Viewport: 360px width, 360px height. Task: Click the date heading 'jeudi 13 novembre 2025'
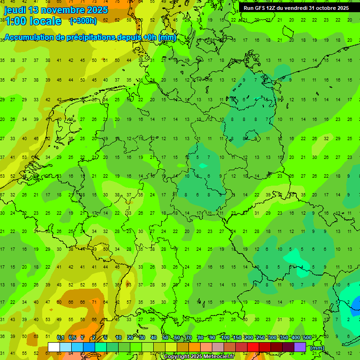[56, 10]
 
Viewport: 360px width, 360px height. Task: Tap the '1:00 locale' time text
[33, 21]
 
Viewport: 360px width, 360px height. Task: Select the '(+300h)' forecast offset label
[83, 21]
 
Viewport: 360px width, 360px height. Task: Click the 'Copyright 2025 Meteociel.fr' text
[199, 357]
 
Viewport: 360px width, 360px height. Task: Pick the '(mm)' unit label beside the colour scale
[317, 348]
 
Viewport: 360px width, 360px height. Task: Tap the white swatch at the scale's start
[54, 347]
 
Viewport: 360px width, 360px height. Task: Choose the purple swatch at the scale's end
[300, 347]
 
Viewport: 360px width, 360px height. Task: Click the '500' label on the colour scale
[307, 338]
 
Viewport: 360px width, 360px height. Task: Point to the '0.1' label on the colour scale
[60, 338]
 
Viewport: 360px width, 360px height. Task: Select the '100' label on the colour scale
[225, 338]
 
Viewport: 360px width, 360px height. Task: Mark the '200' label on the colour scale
[249, 338]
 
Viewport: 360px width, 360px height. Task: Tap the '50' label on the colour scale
[165, 338]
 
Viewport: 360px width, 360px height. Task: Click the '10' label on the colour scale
[119, 338]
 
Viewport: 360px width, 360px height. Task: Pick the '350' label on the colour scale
[284, 338]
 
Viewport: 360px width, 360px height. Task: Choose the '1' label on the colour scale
[82, 338]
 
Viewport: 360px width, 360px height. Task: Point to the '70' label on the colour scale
[189, 338]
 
